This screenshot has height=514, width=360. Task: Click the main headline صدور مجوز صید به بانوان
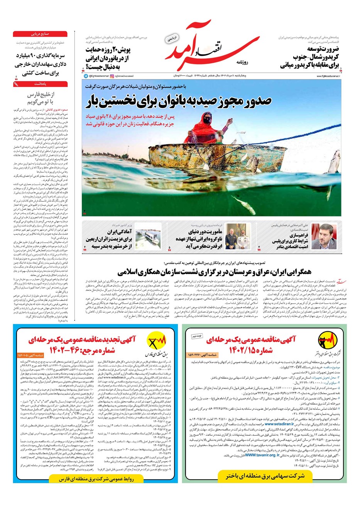[178, 101]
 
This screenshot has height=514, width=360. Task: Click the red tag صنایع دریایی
[40, 34]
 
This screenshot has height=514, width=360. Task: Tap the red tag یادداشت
[40, 84]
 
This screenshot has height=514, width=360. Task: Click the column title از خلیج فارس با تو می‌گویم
[41, 98]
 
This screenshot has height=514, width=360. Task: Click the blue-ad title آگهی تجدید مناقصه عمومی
[82, 340]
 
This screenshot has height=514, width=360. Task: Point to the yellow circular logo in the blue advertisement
[157, 341]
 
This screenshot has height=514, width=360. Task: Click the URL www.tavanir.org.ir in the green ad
[262, 455]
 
